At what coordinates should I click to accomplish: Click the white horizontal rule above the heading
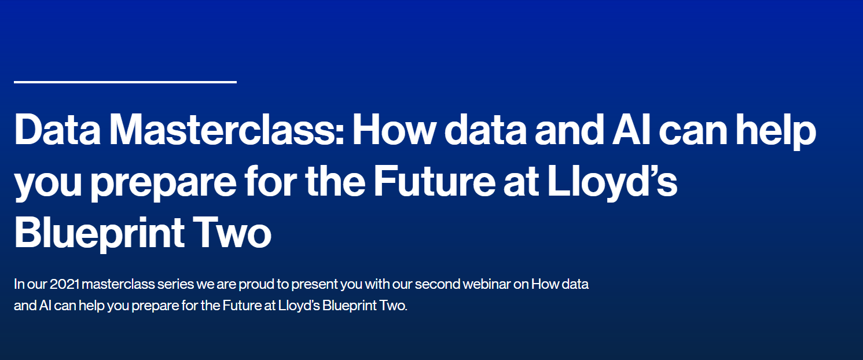125,82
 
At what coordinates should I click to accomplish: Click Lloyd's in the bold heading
614,182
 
